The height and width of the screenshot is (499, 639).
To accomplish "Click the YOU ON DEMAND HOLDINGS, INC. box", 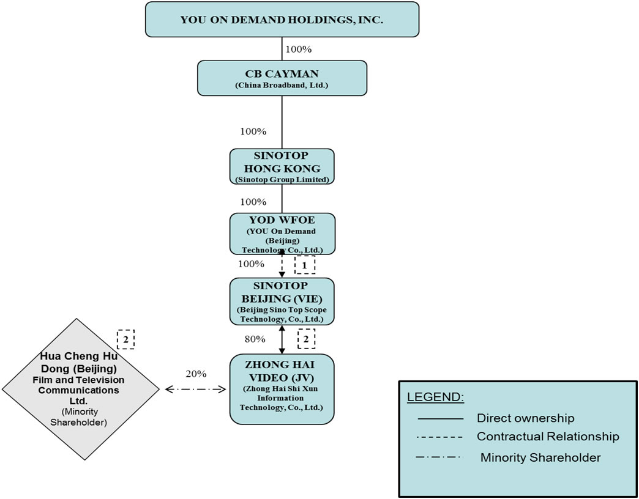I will [x=282, y=20].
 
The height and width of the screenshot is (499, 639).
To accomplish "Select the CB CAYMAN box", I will [x=282, y=78].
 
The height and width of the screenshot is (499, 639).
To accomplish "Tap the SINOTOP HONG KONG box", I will [x=282, y=166].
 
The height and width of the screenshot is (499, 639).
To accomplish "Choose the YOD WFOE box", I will [x=282, y=233].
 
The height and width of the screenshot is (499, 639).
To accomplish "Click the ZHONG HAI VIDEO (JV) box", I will [x=282, y=388].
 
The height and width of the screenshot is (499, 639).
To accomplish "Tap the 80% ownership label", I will [x=255, y=339].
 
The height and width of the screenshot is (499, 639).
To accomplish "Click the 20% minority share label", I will [x=196, y=374].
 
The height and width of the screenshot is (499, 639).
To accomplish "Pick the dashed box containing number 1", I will [x=304, y=265].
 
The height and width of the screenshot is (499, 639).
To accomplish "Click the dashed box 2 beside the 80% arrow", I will [x=306, y=339].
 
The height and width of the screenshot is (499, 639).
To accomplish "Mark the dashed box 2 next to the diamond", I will [x=125, y=339].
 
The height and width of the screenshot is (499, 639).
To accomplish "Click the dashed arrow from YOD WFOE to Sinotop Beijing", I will [x=282, y=266].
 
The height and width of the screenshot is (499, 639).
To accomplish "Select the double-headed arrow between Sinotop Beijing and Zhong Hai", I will [x=282, y=339].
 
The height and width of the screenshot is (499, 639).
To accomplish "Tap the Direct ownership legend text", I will [x=525, y=418].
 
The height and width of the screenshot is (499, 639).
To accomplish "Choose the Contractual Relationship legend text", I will [x=548, y=437].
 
